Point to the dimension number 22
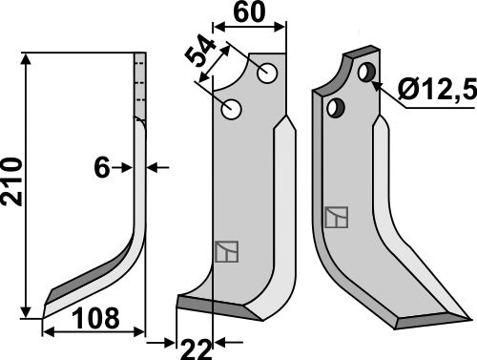[197, 350]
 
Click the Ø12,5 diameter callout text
[432, 93]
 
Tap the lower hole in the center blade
[231, 111]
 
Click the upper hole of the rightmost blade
[365, 72]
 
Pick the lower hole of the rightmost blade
[334, 109]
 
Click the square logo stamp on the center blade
[224, 251]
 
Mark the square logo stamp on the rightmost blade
[336, 217]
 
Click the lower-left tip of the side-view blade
[46, 292]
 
